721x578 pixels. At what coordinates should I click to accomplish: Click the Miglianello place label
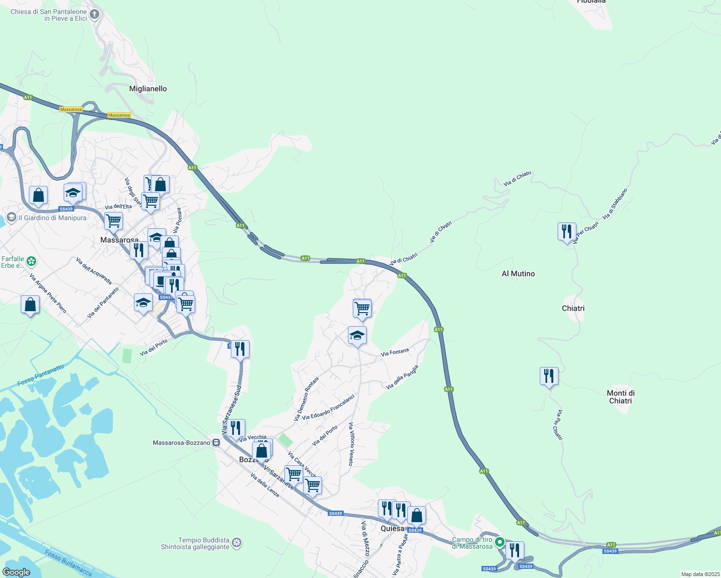(148, 89)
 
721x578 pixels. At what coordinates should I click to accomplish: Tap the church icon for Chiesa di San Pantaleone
(94, 14)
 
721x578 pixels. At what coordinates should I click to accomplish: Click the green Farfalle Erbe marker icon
(31, 262)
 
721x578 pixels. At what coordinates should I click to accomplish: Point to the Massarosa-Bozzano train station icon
(216, 443)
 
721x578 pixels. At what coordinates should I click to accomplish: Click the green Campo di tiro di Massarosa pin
(500, 542)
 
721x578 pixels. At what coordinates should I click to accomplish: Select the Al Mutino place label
(518, 274)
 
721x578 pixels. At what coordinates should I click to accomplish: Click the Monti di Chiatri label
(621, 397)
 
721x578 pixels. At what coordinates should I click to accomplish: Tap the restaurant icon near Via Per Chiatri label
(567, 231)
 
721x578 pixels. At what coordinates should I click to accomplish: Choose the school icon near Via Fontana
(357, 335)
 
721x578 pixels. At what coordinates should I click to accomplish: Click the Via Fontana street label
(395, 353)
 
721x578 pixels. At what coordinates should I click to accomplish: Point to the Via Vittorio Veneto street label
(351, 444)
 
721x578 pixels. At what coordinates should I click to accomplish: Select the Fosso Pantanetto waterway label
(40, 375)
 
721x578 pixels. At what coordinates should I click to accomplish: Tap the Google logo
(16, 572)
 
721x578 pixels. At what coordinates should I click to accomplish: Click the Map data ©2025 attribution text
(700, 574)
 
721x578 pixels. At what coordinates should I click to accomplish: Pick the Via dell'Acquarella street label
(94, 271)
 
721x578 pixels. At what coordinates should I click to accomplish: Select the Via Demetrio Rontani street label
(307, 399)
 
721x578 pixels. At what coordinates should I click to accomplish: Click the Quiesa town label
(392, 528)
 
